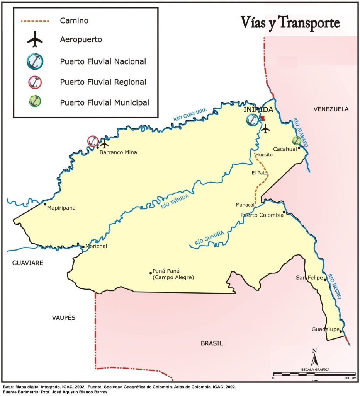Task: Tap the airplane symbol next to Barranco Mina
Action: (x=104, y=145)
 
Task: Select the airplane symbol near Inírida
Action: (x=265, y=129)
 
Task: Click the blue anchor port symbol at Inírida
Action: (x=252, y=120)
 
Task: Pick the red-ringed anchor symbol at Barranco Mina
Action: (x=93, y=142)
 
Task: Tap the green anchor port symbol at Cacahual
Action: (x=296, y=140)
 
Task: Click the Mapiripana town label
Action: (x=61, y=208)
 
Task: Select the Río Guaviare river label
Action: (x=190, y=115)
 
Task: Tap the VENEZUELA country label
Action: (x=331, y=109)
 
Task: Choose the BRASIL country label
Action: (x=212, y=343)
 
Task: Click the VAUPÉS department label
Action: (x=63, y=318)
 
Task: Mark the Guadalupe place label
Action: (x=325, y=329)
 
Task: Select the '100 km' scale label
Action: (x=350, y=377)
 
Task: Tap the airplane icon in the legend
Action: (x=37, y=39)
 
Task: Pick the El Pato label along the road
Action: (x=260, y=173)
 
